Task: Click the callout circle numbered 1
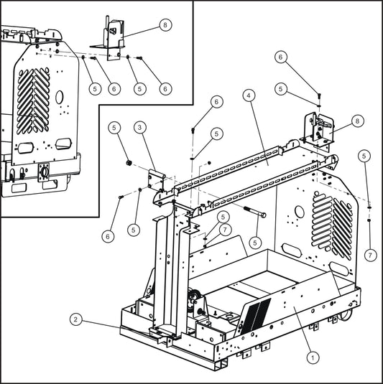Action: point(311,355)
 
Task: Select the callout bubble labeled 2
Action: point(77,318)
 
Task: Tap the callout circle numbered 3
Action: point(141,127)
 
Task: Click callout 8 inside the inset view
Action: point(165,24)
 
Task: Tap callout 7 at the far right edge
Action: point(371,255)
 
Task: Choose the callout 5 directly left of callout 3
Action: point(114,127)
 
